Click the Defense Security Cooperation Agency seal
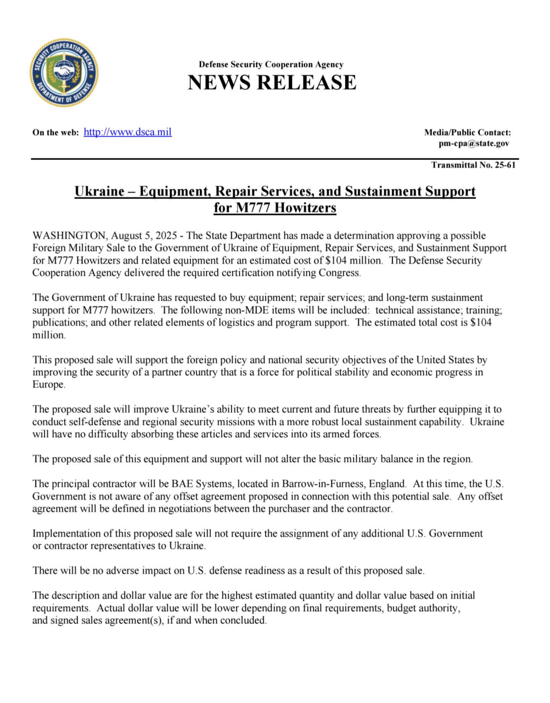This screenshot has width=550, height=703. [x=64, y=73]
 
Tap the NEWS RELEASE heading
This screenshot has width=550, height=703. [x=272, y=82]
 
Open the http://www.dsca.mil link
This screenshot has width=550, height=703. [x=127, y=132]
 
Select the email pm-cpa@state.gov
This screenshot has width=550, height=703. [x=474, y=143]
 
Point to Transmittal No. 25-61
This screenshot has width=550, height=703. [x=473, y=165]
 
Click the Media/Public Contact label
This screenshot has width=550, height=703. [x=467, y=132]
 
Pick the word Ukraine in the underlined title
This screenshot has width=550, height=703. [x=99, y=191]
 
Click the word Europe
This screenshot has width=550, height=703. [x=48, y=384]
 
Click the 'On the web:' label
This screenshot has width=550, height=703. [x=55, y=132]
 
